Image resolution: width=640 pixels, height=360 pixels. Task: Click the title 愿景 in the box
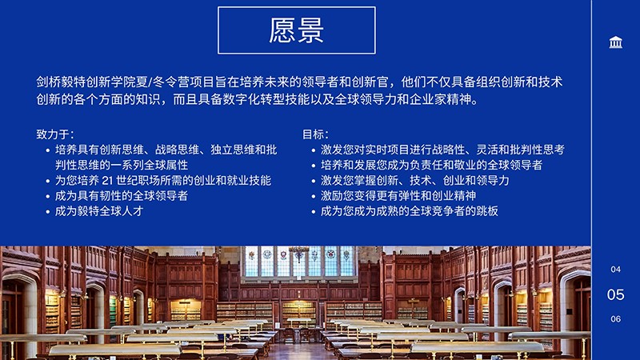pyautogui.click(x=296, y=30)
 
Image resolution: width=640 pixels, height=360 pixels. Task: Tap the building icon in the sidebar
pyautogui.click(x=615, y=42)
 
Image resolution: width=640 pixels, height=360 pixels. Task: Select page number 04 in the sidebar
pyautogui.click(x=615, y=270)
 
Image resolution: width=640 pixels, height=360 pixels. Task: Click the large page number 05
pyautogui.click(x=615, y=294)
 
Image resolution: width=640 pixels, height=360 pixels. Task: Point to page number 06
pyautogui.click(x=615, y=318)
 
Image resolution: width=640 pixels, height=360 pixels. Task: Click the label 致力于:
pyautogui.click(x=55, y=134)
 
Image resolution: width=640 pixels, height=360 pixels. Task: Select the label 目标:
pyautogui.click(x=315, y=134)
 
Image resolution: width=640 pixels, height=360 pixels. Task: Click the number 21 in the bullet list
pyautogui.click(x=107, y=181)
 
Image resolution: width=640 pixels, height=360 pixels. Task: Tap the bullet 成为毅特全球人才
pyautogui.click(x=99, y=211)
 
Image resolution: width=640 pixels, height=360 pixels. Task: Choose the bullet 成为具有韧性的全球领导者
pyautogui.click(x=122, y=196)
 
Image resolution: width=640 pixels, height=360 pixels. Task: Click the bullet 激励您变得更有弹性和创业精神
pyautogui.click(x=398, y=196)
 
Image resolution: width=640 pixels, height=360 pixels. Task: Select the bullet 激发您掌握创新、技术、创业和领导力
pyautogui.click(x=415, y=181)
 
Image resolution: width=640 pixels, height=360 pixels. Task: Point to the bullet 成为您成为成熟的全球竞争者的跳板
pyautogui.click(x=410, y=211)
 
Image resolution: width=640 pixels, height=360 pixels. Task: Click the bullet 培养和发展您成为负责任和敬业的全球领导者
pyautogui.click(x=431, y=165)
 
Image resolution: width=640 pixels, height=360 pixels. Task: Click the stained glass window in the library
pyautogui.click(x=299, y=262)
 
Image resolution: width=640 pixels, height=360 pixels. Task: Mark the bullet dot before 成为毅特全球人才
pyautogui.click(x=48, y=212)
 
